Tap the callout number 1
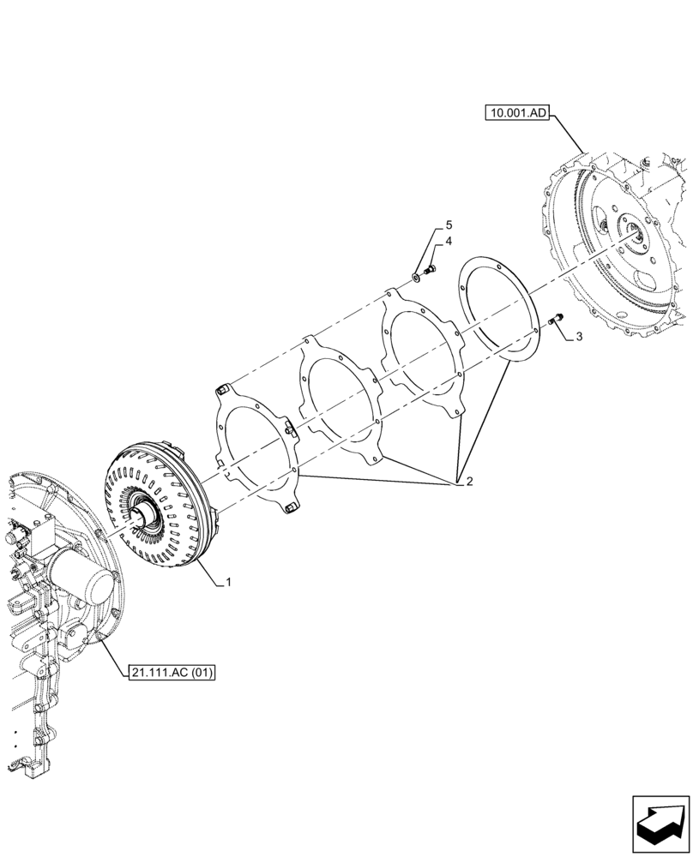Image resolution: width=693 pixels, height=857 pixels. point(229,583)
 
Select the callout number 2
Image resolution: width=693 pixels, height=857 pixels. point(468,481)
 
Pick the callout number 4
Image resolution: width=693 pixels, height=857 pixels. point(448,243)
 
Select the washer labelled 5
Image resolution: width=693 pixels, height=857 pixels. point(416,275)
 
